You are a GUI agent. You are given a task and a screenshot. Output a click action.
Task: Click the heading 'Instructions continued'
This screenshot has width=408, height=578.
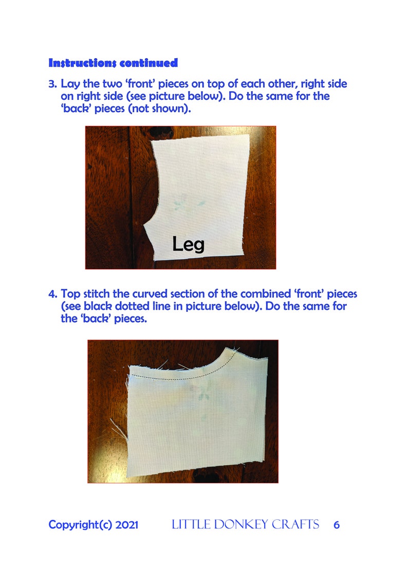(113, 63)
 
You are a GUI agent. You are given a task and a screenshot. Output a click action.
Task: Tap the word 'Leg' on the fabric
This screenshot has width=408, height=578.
(188, 244)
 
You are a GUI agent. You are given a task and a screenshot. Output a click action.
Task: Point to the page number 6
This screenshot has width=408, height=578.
(337, 525)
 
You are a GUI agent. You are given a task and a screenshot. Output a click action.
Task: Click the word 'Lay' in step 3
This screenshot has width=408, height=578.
(71, 83)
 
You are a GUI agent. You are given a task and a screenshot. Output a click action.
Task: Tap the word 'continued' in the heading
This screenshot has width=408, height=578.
(149, 63)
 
